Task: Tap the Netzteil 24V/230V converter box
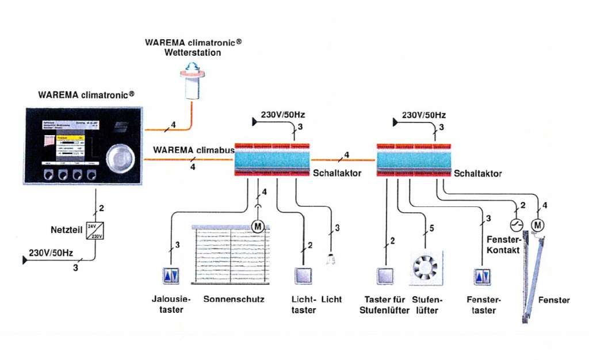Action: click(x=95, y=231)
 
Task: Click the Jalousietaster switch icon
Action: click(x=172, y=277)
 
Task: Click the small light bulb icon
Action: click(x=331, y=261)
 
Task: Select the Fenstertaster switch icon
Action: click(x=481, y=277)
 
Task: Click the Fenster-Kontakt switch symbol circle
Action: click(x=515, y=224)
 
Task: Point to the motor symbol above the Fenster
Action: click(x=538, y=224)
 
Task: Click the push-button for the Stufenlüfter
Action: click(x=385, y=277)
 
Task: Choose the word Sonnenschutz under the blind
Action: click(x=234, y=300)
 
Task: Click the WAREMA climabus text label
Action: click(x=193, y=151)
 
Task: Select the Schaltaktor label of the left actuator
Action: click(x=336, y=173)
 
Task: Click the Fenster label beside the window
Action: click(x=554, y=300)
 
